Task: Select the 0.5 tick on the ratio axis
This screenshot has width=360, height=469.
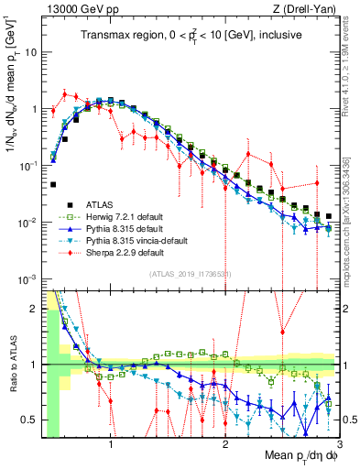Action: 30,420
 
